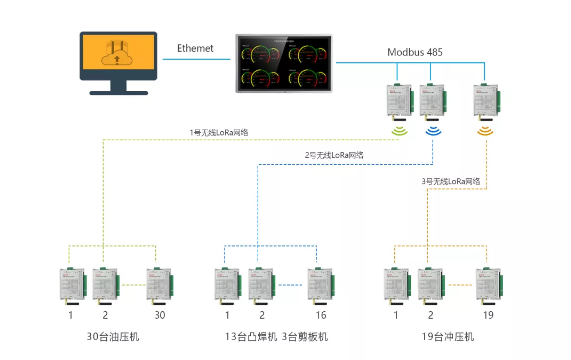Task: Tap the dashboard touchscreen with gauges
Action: [x=285, y=65]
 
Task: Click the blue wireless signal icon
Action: [x=434, y=129]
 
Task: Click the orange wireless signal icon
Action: [x=485, y=129]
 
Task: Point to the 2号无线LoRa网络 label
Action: [x=334, y=155]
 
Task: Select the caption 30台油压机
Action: [x=113, y=336]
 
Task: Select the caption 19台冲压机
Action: [x=440, y=336]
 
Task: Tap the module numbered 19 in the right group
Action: [x=489, y=283]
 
